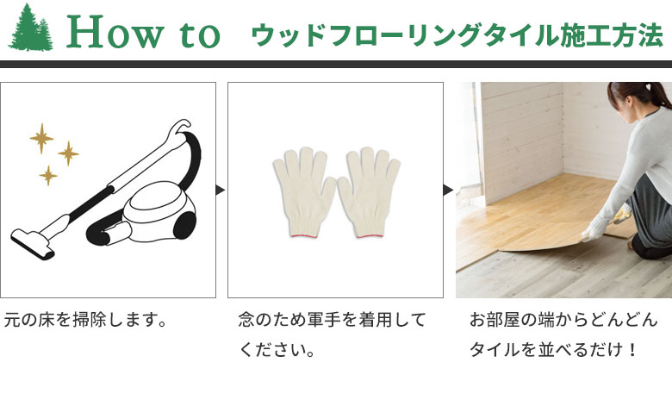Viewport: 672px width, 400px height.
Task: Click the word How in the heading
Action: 115,31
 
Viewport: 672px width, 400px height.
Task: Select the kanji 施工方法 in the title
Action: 611,35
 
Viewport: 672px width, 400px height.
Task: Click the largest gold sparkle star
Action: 41,138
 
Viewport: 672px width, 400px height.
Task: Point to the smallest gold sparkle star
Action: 48,175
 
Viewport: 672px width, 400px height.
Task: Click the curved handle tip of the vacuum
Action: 183,124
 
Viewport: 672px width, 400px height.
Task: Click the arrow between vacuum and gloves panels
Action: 221,190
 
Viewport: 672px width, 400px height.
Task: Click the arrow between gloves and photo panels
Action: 448,190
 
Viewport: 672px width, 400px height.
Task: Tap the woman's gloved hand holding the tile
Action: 595,228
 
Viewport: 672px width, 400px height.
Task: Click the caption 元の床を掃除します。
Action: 84,320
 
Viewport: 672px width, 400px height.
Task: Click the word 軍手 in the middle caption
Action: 324,320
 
